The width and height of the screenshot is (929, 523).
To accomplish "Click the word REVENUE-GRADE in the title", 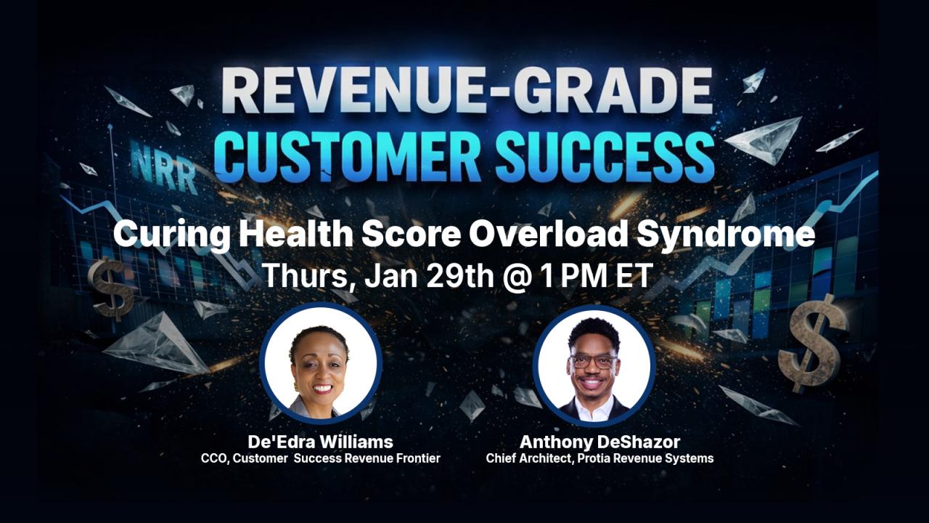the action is [467, 91].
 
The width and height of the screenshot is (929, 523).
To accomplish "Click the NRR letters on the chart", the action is [164, 166].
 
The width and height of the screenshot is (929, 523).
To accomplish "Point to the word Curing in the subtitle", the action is [171, 235].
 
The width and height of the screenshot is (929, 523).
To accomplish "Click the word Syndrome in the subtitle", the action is [726, 235].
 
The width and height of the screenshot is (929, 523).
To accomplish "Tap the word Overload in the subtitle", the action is [547, 234].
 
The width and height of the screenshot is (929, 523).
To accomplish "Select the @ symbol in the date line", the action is [517, 277].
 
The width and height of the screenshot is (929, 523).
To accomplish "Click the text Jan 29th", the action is [429, 276].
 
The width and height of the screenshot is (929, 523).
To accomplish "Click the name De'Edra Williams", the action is [320, 442].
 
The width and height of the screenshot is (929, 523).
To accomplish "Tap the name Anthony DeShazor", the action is [599, 442].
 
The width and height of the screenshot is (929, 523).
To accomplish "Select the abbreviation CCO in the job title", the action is [214, 458].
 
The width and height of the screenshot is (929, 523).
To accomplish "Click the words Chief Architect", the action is [530, 458].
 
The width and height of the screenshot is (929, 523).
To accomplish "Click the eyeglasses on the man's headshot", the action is [594, 361].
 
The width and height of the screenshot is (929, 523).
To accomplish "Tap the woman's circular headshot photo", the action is [321, 364].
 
